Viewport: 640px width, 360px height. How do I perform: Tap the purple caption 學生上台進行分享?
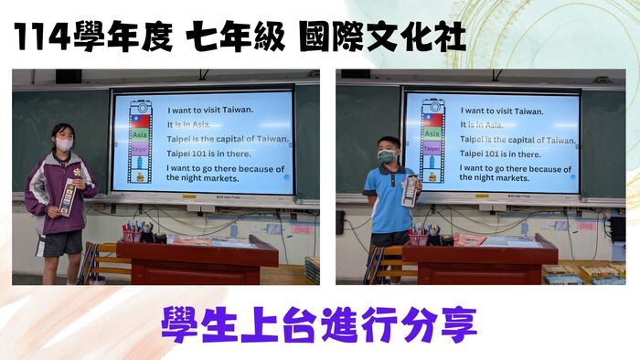pos(319,323)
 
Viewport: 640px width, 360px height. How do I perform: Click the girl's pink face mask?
pos(64,144)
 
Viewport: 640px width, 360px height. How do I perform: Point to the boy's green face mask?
pos(388,156)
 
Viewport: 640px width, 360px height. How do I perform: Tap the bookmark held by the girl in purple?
pos(68,197)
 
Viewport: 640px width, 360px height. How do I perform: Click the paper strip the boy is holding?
pos(410,191)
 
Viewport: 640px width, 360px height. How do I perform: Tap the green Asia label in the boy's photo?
pos(432,133)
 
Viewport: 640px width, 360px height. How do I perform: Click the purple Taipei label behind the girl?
pos(139,148)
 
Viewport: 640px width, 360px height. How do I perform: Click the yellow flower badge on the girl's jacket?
pos(77,173)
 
